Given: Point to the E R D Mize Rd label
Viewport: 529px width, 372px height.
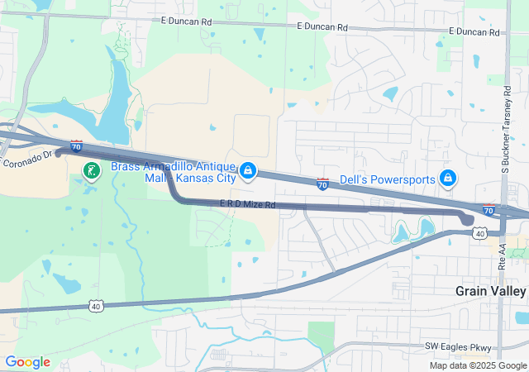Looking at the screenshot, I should coord(247,204).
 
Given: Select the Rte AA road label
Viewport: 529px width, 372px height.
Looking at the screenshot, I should coord(503,263).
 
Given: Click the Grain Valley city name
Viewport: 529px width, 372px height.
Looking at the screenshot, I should coord(490,291).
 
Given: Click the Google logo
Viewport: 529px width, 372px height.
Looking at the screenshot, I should coord(27,361).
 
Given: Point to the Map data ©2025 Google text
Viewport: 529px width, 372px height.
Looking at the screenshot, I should coord(477,365).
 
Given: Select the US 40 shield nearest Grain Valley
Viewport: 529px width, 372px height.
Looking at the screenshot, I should coord(479,234).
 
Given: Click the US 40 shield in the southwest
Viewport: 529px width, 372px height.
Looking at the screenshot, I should coord(96,307).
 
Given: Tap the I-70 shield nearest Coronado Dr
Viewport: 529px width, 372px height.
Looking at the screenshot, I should coord(76,146).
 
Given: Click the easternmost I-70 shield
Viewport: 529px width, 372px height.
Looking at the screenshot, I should coord(489,211).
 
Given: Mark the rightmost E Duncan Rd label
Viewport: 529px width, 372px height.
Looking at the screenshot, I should coord(474,32).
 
